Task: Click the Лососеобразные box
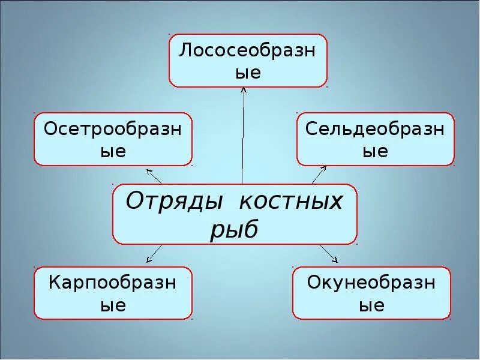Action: pyautogui.click(x=248, y=61)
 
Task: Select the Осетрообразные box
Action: pyautogui.click(x=113, y=139)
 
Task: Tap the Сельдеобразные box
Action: pyautogui.click(x=376, y=139)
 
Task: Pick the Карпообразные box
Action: pyautogui.click(x=113, y=293)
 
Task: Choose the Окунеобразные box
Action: pyautogui.click(x=371, y=293)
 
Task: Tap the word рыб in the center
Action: pyautogui.click(x=234, y=229)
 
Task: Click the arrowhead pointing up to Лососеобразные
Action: pyautogui.click(x=244, y=91)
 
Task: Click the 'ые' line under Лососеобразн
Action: pyautogui.click(x=248, y=73)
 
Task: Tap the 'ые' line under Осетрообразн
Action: pyautogui.click(x=113, y=151)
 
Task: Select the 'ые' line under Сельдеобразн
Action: pyautogui.click(x=376, y=151)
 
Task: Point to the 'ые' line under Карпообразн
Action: pyautogui.click(x=113, y=305)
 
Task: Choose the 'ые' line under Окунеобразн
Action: pyautogui.click(x=371, y=305)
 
